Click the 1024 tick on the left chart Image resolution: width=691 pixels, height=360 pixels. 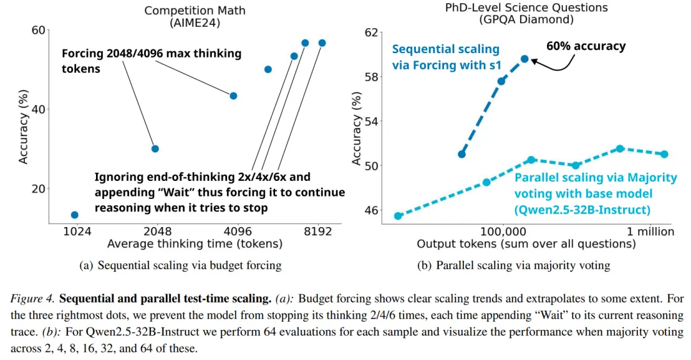pos(76,231)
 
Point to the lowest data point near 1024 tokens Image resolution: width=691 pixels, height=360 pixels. pos(74,215)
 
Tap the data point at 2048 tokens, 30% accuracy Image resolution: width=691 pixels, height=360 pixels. pos(154,148)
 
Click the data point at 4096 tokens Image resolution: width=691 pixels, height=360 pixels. pos(233,96)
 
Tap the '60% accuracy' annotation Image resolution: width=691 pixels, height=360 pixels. pos(585,46)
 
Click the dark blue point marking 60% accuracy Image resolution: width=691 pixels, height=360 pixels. pos(525,59)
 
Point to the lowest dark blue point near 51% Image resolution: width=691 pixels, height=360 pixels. pos(462,154)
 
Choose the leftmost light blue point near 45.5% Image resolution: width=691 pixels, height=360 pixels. pos(398,215)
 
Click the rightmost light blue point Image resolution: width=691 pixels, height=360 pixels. pos(664,154)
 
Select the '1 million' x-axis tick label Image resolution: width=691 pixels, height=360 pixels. pos(650,231)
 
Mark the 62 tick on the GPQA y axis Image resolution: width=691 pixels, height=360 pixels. pos(372,32)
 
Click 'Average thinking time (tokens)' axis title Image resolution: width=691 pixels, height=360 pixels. pos(195,244)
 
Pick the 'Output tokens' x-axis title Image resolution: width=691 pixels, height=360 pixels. pos(526,244)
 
